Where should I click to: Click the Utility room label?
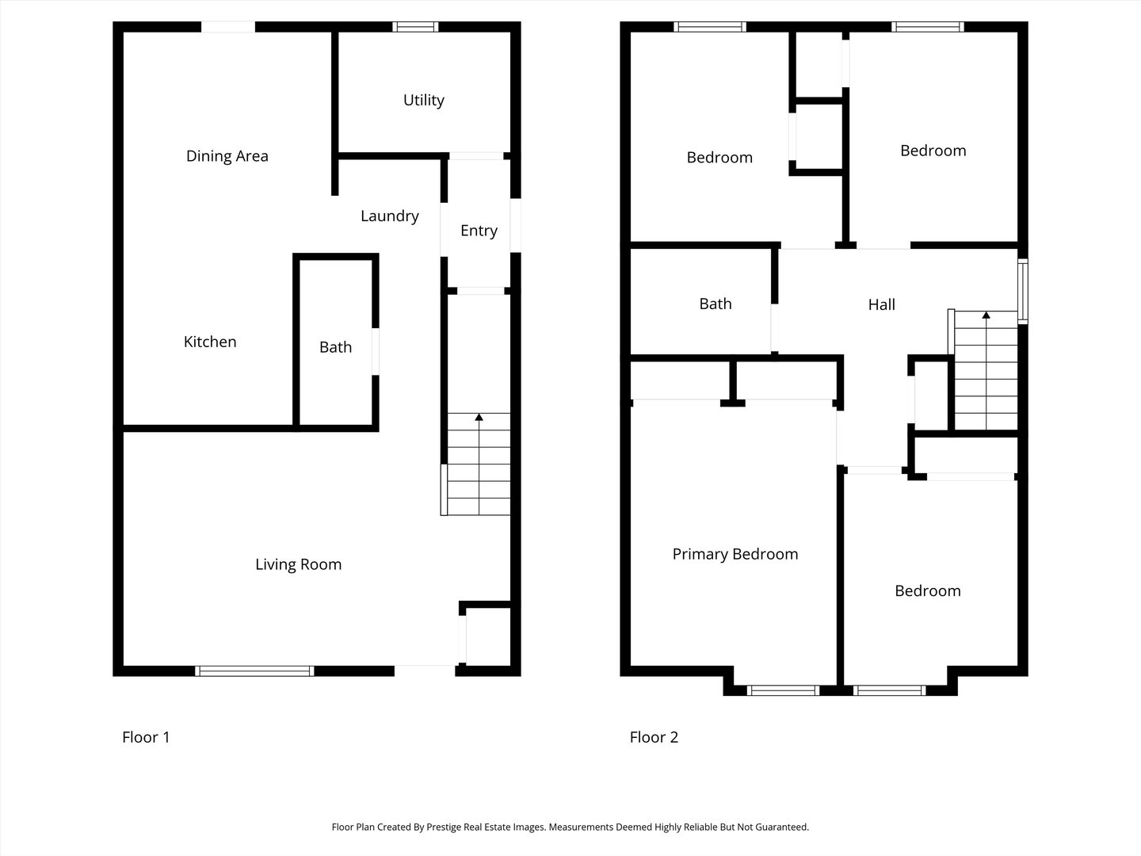pyautogui.click(x=423, y=100)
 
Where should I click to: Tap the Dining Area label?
pyautogui.click(x=227, y=156)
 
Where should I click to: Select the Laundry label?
pyautogui.click(x=389, y=216)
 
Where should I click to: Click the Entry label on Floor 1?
pyautogui.click(x=479, y=231)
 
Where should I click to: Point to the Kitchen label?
pyautogui.click(x=210, y=342)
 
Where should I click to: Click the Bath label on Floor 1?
pyautogui.click(x=335, y=347)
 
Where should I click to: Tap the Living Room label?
pyautogui.click(x=298, y=564)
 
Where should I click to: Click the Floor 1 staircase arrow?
pyautogui.click(x=479, y=417)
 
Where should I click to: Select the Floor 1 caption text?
pyautogui.click(x=146, y=737)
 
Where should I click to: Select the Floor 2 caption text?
pyautogui.click(x=654, y=737)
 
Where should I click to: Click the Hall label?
pyautogui.click(x=881, y=304)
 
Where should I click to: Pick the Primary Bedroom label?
pyautogui.click(x=735, y=554)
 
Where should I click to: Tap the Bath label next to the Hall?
pyautogui.click(x=715, y=304)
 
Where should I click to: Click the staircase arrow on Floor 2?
pyautogui.click(x=986, y=315)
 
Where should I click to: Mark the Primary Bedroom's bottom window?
pyautogui.click(x=783, y=690)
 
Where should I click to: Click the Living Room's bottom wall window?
pyautogui.click(x=254, y=671)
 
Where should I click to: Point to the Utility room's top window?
pyautogui.click(x=415, y=27)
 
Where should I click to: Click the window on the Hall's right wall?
pyautogui.click(x=1022, y=291)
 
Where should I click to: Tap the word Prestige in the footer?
pyautogui.click(x=447, y=827)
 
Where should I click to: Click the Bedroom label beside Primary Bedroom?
pyautogui.click(x=927, y=590)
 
